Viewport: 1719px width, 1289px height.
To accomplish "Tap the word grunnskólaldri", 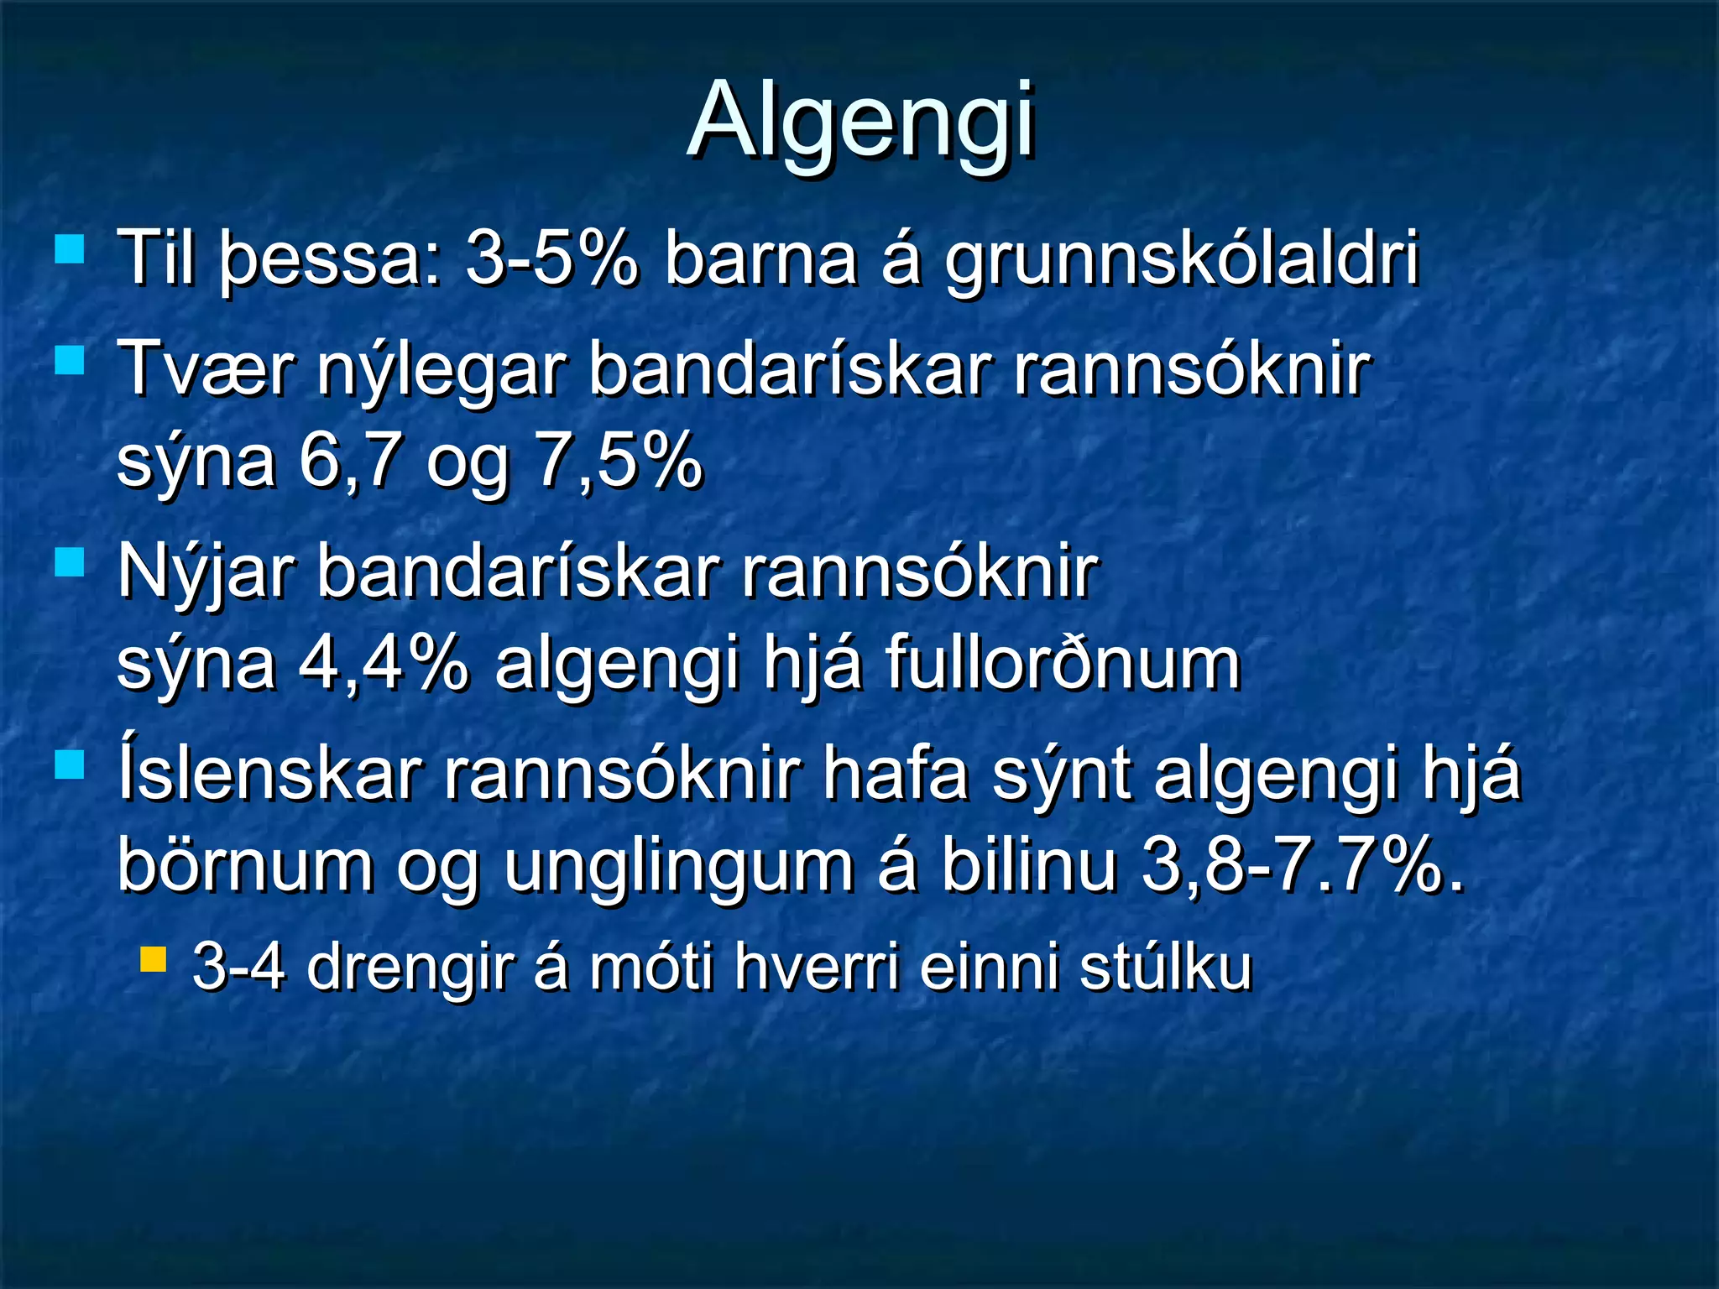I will click(x=1182, y=260).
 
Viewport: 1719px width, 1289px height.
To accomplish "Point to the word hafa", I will click(x=896, y=775).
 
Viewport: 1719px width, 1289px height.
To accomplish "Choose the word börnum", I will click(x=245, y=866).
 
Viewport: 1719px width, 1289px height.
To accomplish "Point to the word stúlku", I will click(x=1165, y=968).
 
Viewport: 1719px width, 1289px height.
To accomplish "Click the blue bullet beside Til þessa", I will click(x=69, y=249).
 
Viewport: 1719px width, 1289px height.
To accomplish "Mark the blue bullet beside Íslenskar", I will click(x=69, y=765).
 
